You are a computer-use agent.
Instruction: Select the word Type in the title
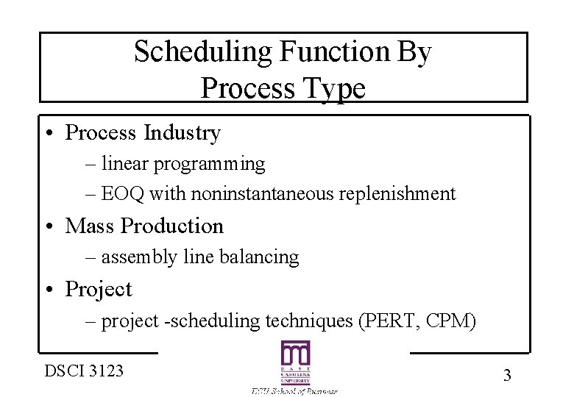coord(336,89)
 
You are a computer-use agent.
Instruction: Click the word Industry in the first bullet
coord(183,133)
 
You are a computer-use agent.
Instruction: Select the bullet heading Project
coord(99,290)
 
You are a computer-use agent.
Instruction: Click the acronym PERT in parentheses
coord(381,321)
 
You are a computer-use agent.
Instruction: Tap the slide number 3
coord(506,376)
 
